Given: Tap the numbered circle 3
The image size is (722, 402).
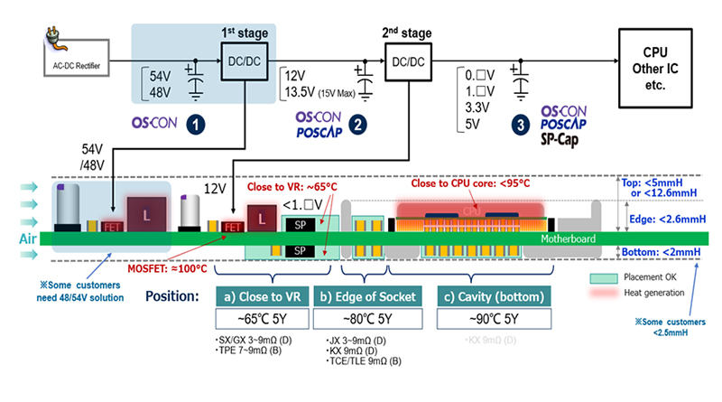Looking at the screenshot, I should click(524, 126).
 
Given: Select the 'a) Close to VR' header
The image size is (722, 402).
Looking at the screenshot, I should click(268, 296).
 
